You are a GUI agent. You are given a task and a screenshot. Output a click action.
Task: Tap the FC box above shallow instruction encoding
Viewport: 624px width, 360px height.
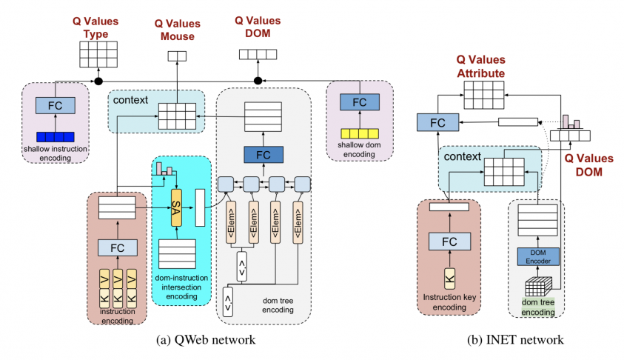click(56, 105)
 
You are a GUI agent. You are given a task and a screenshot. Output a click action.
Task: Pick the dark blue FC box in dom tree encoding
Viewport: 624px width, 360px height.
click(263, 155)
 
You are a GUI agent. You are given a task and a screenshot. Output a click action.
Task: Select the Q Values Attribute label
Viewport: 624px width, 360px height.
click(480, 67)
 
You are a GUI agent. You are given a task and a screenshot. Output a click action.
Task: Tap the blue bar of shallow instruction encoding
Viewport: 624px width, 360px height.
click(56, 136)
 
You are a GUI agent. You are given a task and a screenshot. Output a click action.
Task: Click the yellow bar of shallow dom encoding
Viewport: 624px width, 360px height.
click(359, 134)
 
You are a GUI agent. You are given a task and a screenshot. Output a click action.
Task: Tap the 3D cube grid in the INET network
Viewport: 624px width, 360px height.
click(539, 289)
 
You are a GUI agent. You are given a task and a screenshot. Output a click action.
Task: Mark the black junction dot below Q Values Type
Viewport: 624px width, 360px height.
click(98, 80)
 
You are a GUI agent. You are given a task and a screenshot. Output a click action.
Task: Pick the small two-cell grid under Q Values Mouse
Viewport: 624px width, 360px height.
click(177, 56)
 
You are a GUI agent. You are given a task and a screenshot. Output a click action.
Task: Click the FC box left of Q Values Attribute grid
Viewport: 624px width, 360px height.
click(437, 122)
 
